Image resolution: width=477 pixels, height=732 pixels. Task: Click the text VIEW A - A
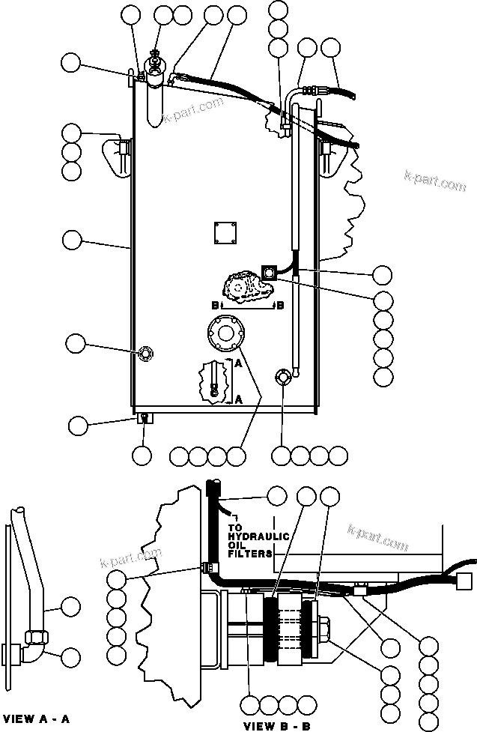pyautogui.click(x=37, y=719)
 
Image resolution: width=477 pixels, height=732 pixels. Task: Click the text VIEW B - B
pyautogui.click(x=277, y=725)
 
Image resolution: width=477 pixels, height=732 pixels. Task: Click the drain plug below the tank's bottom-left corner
pyautogui.click(x=144, y=418)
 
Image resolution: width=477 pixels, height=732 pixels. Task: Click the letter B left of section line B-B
pyautogui.click(x=214, y=306)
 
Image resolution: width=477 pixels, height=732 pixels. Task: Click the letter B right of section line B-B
pyautogui.click(x=280, y=306)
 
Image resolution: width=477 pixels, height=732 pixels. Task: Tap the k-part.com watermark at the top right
pyautogui.click(x=434, y=181)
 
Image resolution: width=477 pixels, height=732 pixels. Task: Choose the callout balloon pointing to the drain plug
pyautogui.click(x=79, y=426)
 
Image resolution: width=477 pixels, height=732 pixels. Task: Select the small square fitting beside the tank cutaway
pyautogui.click(x=267, y=274)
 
